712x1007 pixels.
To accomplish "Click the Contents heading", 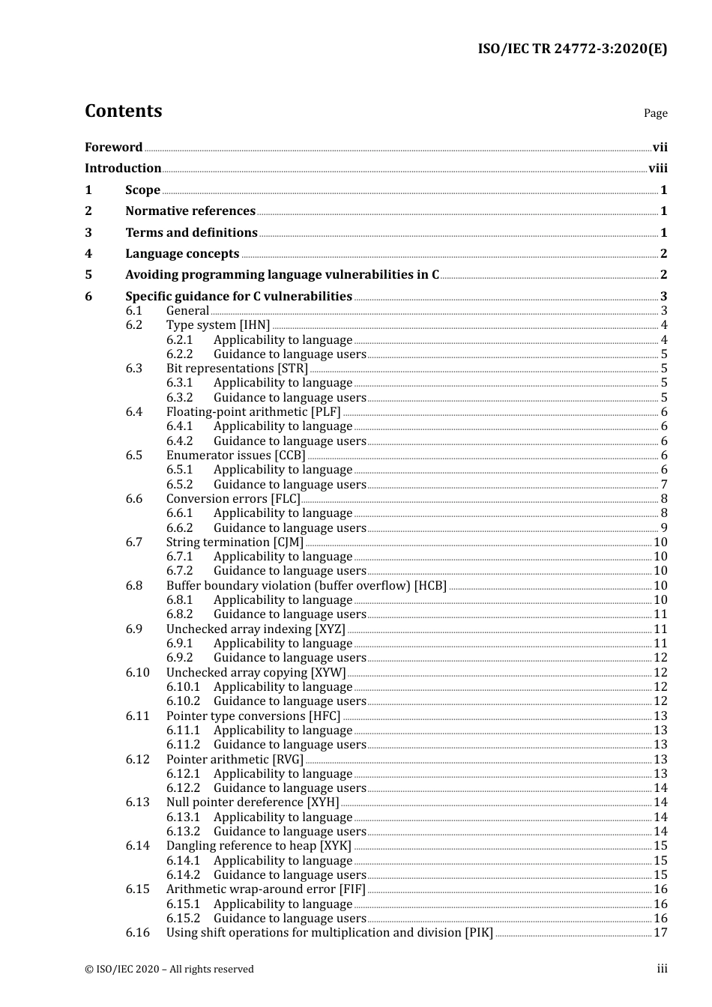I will (x=123, y=111).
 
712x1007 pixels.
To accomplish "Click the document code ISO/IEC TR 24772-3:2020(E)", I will (x=572, y=49).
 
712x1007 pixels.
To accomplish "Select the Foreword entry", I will (x=113, y=148).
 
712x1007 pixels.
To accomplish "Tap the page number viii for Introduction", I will (x=657, y=169).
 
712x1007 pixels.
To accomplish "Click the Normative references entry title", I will (x=190, y=211).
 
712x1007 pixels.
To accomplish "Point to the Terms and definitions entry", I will (x=191, y=233).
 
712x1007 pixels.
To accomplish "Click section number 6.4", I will (x=133, y=412).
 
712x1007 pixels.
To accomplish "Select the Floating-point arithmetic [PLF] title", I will (x=253, y=412).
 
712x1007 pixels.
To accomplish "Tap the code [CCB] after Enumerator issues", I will (x=290, y=456).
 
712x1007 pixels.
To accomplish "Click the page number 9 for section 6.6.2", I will (x=663, y=528).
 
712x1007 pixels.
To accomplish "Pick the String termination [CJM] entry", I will (x=235, y=542).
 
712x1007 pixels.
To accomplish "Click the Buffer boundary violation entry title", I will (x=306, y=586).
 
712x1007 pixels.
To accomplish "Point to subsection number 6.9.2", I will (x=179, y=658).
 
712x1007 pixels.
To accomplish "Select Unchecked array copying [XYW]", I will (x=256, y=673).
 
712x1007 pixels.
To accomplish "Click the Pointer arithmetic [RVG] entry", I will (x=235, y=760).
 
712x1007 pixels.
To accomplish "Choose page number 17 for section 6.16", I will (x=660, y=933).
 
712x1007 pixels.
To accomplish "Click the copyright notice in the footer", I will (x=169, y=970).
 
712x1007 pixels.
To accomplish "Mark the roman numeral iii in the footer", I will (x=662, y=969).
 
